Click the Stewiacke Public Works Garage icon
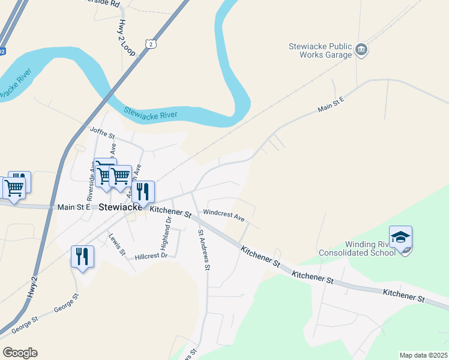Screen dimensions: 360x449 click(x=361, y=50)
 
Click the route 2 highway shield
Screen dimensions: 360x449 click(x=150, y=44)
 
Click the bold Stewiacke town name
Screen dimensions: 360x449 click(x=120, y=207)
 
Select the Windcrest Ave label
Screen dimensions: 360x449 click(x=224, y=214)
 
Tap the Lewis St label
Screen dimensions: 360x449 click(x=116, y=244)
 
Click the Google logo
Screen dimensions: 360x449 click(x=20, y=352)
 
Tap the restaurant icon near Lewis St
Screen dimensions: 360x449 click(x=82, y=257)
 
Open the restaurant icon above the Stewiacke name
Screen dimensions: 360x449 click(x=142, y=192)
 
